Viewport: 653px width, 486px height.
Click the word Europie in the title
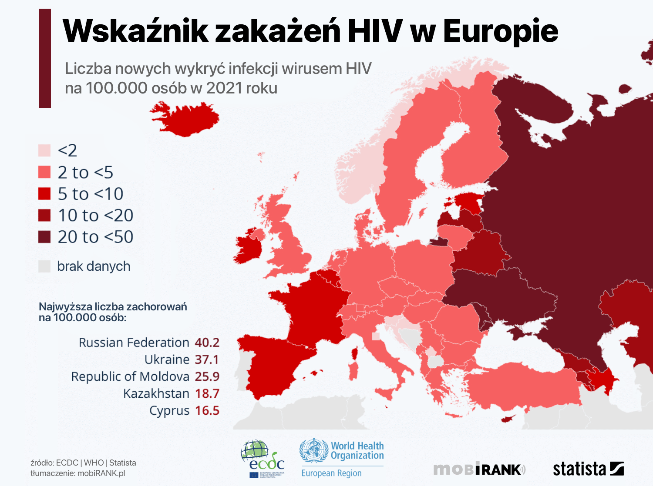tap(501, 31)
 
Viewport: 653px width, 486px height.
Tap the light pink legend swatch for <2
tap(44, 150)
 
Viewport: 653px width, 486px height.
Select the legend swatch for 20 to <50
tap(44, 237)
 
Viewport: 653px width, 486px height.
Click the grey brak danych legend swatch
tap(44, 266)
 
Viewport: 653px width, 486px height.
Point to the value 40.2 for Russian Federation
tap(207, 343)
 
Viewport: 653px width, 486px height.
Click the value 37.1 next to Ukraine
tap(207, 360)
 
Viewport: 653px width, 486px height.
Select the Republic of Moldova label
tap(130, 376)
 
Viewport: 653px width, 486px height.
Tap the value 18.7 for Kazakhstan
tap(207, 393)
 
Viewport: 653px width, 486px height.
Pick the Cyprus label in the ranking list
tap(169, 410)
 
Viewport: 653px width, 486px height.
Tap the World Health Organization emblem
tap(313, 450)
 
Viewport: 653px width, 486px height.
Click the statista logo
tap(588, 469)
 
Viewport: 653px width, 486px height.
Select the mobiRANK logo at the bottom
tap(479, 469)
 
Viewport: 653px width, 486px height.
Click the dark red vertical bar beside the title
tap(45, 58)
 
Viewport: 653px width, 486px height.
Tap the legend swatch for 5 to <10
tap(44, 194)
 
